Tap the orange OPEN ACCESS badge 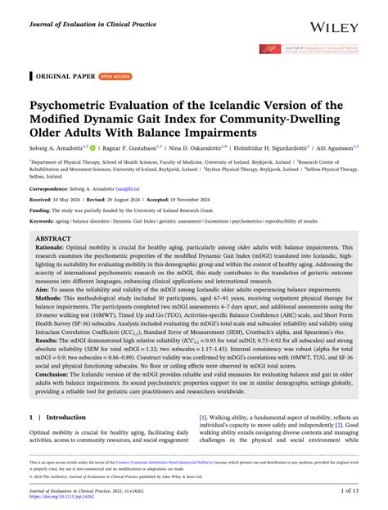pyautogui.click(x=115, y=75)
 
